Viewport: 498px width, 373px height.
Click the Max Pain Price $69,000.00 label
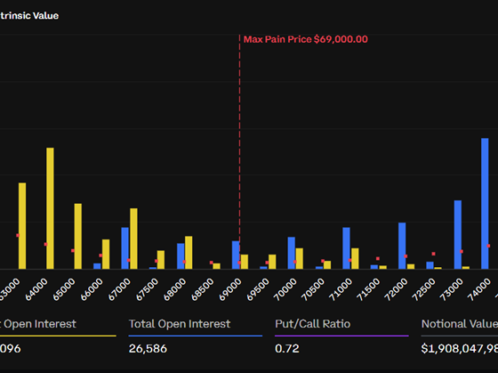coord(305,39)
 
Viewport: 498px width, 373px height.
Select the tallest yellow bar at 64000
coord(50,208)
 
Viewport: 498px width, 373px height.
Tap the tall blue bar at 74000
coord(485,203)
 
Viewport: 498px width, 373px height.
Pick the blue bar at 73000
coord(457,234)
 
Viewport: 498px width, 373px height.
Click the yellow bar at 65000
coord(78,236)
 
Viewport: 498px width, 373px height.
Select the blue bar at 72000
coord(402,245)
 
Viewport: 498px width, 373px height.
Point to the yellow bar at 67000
coord(133,238)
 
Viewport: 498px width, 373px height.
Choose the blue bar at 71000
coord(346,247)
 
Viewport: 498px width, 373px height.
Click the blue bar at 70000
coord(291,252)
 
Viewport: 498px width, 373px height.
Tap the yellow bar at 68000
coord(189,252)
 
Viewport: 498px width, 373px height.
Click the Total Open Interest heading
coord(180,324)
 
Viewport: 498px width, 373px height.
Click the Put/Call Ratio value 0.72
coord(287,349)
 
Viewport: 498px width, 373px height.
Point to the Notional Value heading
coord(458,324)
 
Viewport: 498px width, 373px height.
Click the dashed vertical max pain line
coord(239,160)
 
